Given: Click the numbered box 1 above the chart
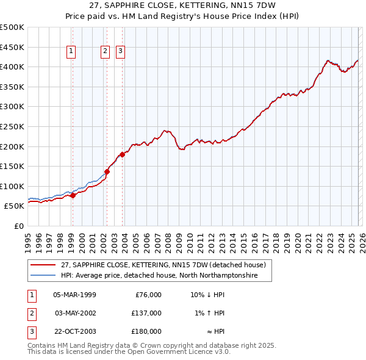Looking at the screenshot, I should (x=72, y=52).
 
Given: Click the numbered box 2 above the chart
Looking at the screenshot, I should (x=106, y=52).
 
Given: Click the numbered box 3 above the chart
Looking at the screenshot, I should (x=121, y=52).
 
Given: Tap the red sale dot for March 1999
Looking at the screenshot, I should (x=73, y=196).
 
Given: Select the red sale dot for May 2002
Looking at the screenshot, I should (x=107, y=171).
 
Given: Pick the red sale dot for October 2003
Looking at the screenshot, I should (x=123, y=154).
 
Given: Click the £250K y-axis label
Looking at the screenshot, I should (x=12, y=126).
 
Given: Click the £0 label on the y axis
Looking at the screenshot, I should (x=18, y=226).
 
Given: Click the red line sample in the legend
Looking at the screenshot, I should (x=43, y=265).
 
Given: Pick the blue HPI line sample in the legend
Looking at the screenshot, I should (x=43, y=276).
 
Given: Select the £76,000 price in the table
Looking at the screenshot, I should (x=148, y=295).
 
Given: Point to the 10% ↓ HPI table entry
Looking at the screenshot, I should (x=207, y=295).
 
